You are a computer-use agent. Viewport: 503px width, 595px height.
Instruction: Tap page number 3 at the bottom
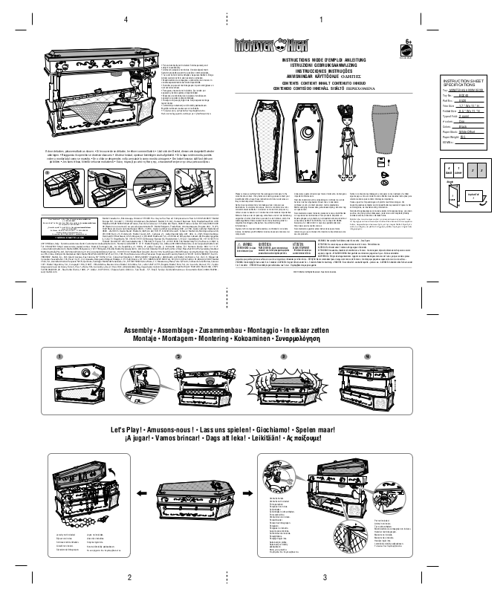tap(325, 577)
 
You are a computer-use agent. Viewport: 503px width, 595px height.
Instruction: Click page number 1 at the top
tap(320, 19)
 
